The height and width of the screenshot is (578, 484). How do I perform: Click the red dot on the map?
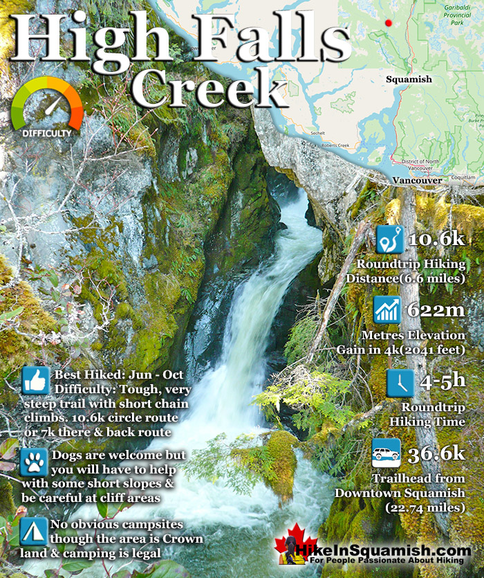389,23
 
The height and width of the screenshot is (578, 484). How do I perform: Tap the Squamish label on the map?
409,80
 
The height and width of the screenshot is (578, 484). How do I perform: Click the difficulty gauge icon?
47,107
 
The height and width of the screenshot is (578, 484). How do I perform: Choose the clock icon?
400,383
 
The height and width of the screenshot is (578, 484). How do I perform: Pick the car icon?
387,453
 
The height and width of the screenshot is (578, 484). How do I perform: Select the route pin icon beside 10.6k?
390,239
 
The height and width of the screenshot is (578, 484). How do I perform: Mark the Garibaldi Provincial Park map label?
448,14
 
